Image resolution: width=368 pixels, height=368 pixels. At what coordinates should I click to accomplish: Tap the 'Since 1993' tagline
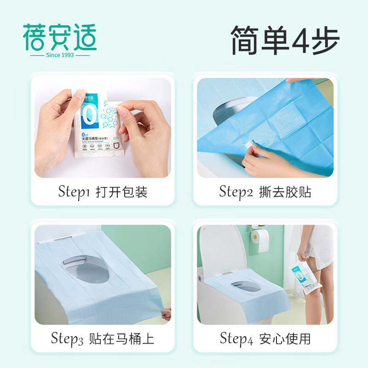point(60,55)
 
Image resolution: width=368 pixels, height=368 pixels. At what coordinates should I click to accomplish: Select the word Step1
point(75,191)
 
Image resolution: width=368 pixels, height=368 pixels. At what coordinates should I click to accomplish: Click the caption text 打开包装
point(121,192)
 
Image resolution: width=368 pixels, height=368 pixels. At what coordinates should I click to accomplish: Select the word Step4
point(236,339)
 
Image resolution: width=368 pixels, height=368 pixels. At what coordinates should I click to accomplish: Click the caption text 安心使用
point(285,339)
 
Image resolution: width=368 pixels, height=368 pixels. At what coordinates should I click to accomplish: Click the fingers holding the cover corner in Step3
point(167,314)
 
